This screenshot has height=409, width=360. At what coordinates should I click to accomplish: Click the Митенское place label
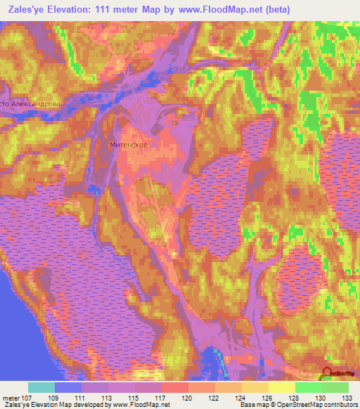(x=129, y=145)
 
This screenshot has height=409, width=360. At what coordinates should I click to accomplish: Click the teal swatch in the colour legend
(x=41, y=387)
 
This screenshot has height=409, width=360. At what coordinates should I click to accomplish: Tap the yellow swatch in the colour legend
(x=282, y=387)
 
